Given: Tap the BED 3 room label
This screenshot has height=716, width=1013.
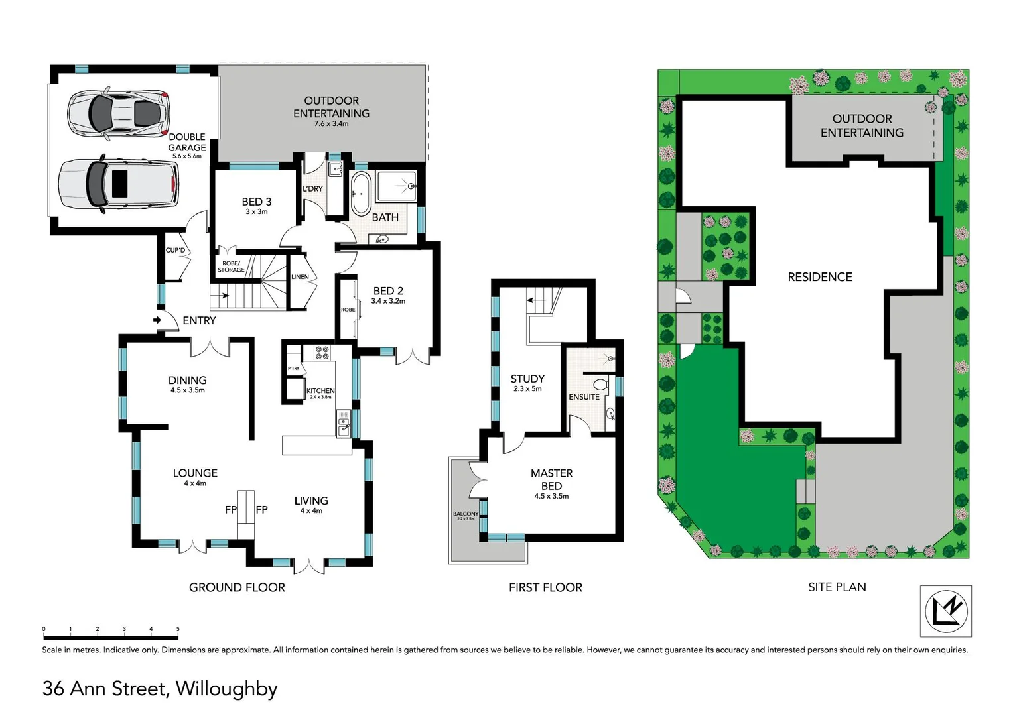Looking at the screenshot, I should pos(256,202).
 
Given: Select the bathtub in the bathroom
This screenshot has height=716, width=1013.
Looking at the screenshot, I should pos(361,194).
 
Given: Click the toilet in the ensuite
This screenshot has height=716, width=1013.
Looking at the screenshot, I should pos(600,384).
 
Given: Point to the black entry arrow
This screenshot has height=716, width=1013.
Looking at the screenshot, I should pos(157,320).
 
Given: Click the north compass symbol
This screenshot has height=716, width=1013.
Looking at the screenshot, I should pos(946,611).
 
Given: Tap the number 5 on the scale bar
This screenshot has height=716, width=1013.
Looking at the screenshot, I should pos(178,629).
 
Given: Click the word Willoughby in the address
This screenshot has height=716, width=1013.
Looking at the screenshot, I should pos(226,689).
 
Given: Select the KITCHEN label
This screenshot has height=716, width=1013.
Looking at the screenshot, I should pos(320,391).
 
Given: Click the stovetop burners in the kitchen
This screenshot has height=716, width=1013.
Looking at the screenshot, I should pos(322,353).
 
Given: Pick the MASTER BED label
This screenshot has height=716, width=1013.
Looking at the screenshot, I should pos(551,479).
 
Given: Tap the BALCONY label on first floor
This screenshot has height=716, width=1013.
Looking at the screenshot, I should pos(466,514).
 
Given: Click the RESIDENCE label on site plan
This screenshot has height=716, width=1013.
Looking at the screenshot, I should pos(820,277).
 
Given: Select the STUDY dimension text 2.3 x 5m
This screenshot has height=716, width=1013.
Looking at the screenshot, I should pos(527,389).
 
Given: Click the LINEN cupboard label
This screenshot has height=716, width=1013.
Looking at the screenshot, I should pos(300,277).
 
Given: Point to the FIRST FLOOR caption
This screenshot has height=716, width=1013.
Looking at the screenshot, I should pos(545,587).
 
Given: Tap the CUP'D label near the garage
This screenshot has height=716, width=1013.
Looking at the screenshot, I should pos(175,250).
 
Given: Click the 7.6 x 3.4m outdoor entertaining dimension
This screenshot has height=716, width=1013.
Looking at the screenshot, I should pos(331,124).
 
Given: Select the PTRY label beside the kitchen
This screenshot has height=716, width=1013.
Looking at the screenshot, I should pos(293,369).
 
